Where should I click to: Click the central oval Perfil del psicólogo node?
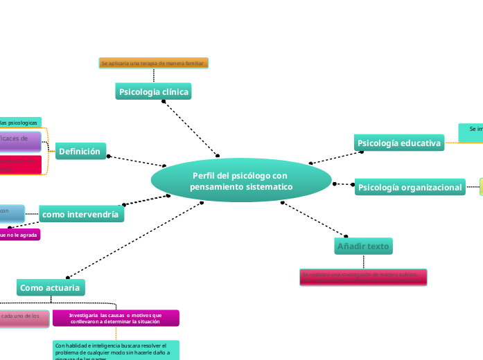(241, 181)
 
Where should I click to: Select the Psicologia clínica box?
(153, 91)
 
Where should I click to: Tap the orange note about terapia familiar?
(153, 63)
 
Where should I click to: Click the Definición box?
(80, 152)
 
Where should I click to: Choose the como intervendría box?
(82, 215)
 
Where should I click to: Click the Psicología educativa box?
(398, 143)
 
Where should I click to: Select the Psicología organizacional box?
(410, 187)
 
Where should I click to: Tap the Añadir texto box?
(363, 246)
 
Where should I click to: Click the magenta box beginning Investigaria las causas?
(116, 318)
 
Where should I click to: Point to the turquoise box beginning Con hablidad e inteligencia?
(116, 350)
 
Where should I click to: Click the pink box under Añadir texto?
(363, 277)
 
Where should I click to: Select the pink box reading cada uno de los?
(24, 318)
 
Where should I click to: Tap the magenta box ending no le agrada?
(19, 235)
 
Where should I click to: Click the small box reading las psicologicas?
(19, 123)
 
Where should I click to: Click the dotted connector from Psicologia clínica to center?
(191, 129)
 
